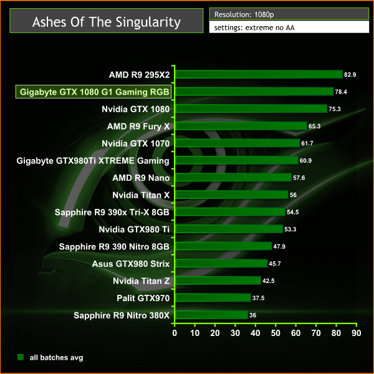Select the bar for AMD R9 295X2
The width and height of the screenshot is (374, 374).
tap(258, 74)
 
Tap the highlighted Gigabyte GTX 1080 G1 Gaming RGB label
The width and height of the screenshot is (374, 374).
tap(95, 92)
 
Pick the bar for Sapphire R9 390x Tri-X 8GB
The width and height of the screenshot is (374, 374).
tap(229, 212)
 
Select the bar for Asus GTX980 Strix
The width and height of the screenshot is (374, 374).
tap(221, 264)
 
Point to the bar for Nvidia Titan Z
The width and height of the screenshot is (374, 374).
tap(218, 281)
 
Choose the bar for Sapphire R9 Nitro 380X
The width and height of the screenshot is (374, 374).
tap(211, 315)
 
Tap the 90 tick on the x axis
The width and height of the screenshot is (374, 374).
tap(356, 333)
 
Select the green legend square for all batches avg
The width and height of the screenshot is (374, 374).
tap(21, 357)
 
